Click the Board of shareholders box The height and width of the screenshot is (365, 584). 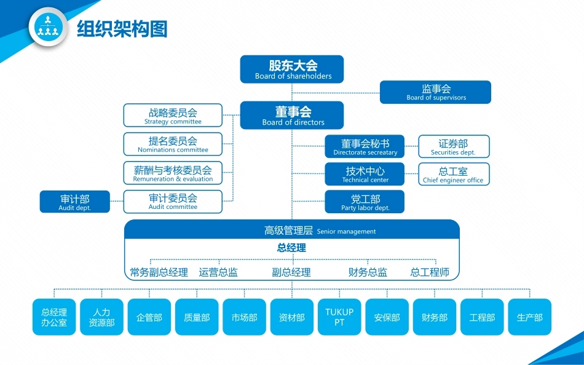292,69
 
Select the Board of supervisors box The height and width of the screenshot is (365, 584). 435,92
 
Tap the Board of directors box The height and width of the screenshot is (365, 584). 292,116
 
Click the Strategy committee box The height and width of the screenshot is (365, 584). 173,116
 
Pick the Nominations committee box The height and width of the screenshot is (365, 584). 173,144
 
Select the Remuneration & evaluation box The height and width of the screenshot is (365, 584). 173,173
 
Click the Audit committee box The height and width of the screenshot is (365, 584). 173,202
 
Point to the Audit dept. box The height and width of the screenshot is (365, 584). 75,202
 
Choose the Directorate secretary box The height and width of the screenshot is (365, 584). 365,147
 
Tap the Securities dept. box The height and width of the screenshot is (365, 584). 454,147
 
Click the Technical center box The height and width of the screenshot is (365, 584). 365,174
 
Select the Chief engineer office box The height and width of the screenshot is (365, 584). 454,174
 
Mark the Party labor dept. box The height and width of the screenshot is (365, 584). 365,202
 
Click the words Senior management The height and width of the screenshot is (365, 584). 346,232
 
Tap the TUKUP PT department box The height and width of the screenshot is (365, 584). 339,317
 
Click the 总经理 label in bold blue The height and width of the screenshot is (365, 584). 291,248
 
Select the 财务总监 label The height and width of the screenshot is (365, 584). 368,272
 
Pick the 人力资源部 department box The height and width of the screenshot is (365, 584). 102,317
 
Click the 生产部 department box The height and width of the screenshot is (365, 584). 529,317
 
